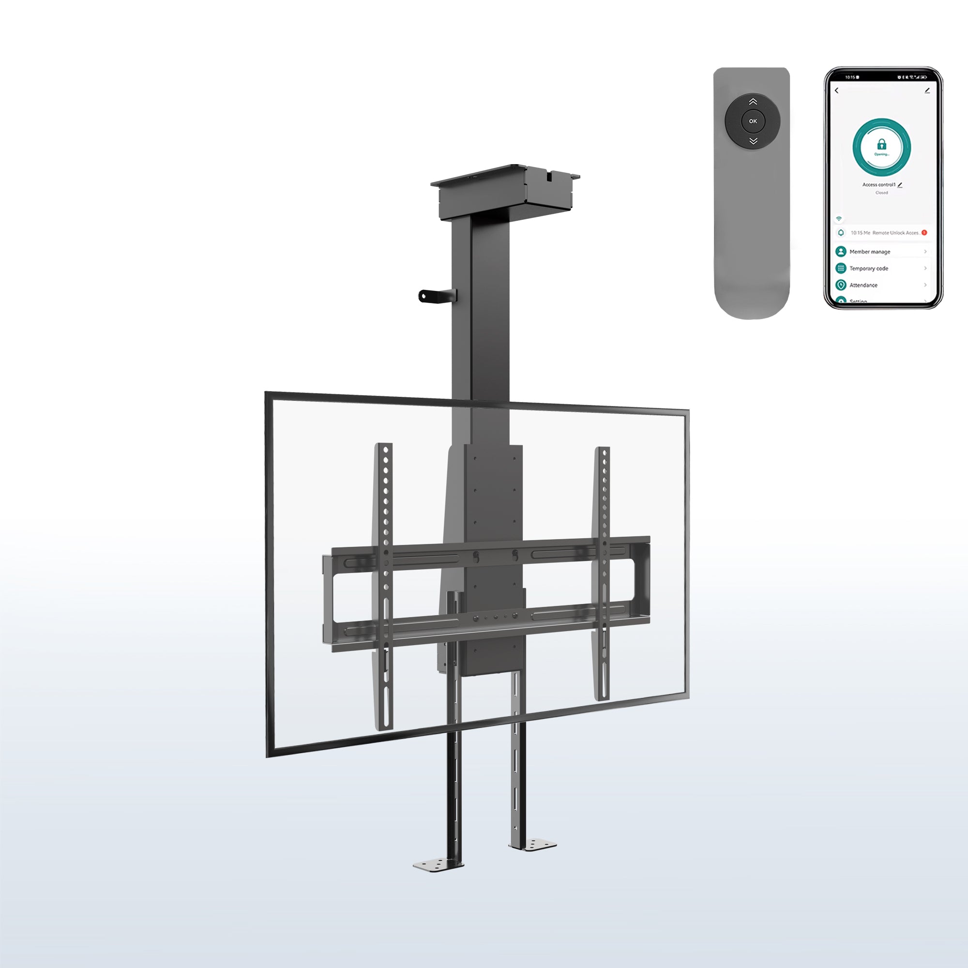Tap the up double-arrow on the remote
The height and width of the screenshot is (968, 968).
tap(753, 102)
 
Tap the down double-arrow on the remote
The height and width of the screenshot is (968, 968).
tap(753, 141)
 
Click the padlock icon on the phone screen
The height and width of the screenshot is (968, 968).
tap(882, 145)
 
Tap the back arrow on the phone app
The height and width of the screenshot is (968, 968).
tap(837, 91)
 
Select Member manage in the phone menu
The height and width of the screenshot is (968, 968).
tap(870, 252)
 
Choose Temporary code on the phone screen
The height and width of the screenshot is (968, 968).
tap(869, 269)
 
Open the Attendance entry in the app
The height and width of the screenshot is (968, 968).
tap(864, 285)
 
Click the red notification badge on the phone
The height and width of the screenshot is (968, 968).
tap(924, 232)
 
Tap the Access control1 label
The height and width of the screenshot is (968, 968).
tap(879, 185)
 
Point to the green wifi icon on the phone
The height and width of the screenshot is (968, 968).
tap(839, 218)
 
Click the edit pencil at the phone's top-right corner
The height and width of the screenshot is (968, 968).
tap(927, 91)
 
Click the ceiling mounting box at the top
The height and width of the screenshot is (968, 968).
tap(505, 193)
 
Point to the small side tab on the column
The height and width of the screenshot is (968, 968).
tap(437, 296)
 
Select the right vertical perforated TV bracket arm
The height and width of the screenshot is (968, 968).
tap(603, 571)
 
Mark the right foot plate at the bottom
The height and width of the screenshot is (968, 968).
tap(533, 845)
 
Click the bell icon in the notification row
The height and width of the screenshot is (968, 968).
tap(841, 232)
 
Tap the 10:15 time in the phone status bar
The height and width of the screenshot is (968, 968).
tap(850, 77)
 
